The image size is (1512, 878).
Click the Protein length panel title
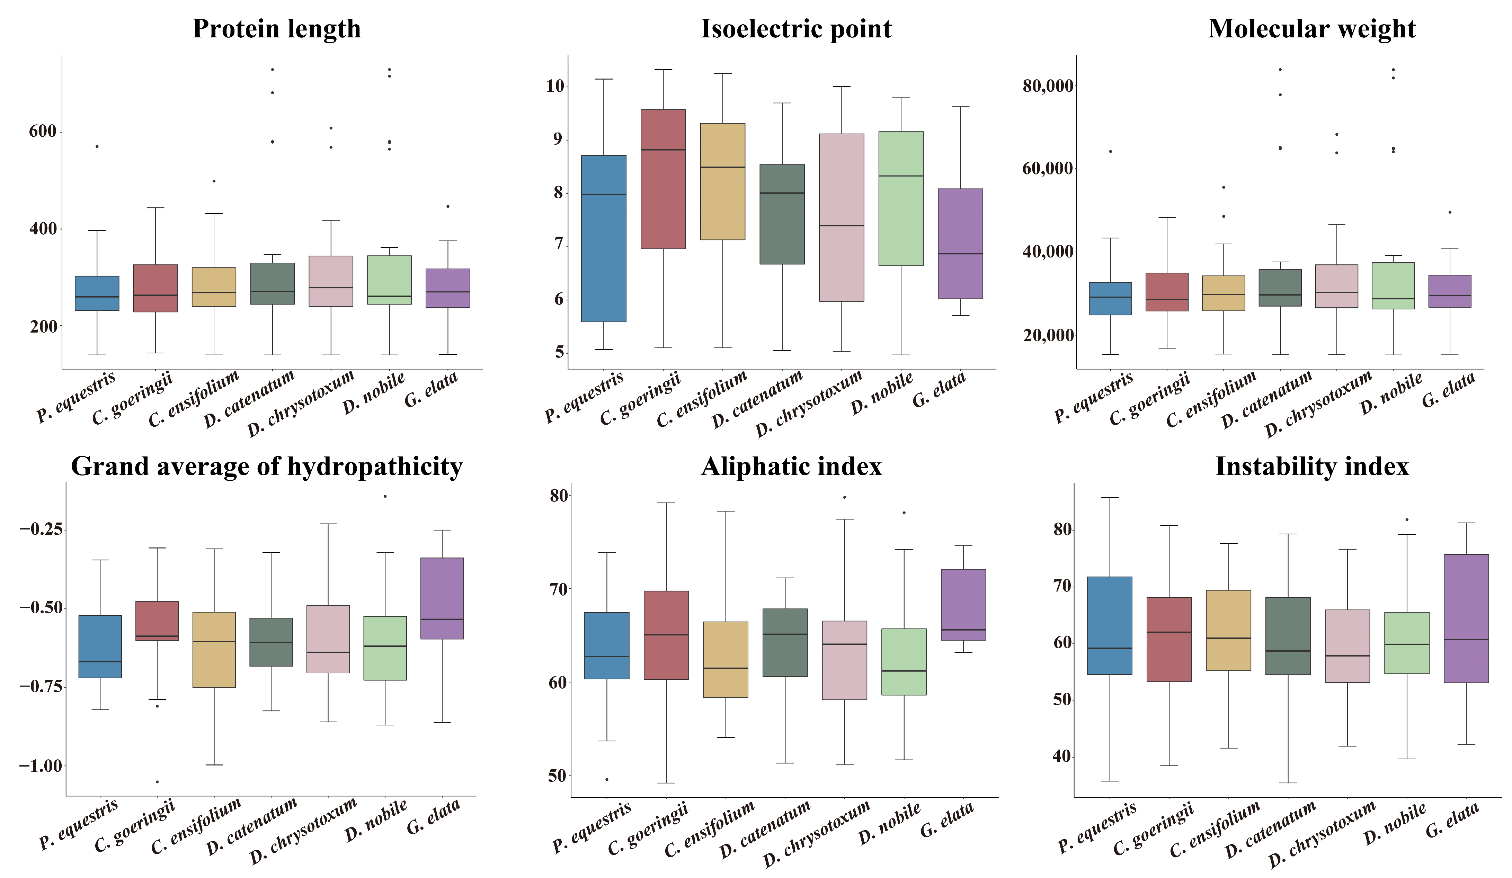(277, 29)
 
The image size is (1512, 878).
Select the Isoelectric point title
(796, 29)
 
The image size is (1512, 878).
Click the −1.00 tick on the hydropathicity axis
(41, 766)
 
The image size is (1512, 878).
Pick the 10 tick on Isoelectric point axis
(555, 86)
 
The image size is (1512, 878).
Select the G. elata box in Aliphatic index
(963, 605)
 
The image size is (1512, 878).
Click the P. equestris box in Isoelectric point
(604, 239)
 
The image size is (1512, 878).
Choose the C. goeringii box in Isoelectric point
(663, 179)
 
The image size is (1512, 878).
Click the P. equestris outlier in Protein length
(97, 146)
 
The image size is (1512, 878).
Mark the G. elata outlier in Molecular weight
(1450, 212)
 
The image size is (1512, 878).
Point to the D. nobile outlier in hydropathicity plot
(385, 496)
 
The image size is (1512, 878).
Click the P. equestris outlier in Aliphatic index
(607, 779)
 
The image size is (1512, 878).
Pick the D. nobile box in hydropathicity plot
(385, 648)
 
